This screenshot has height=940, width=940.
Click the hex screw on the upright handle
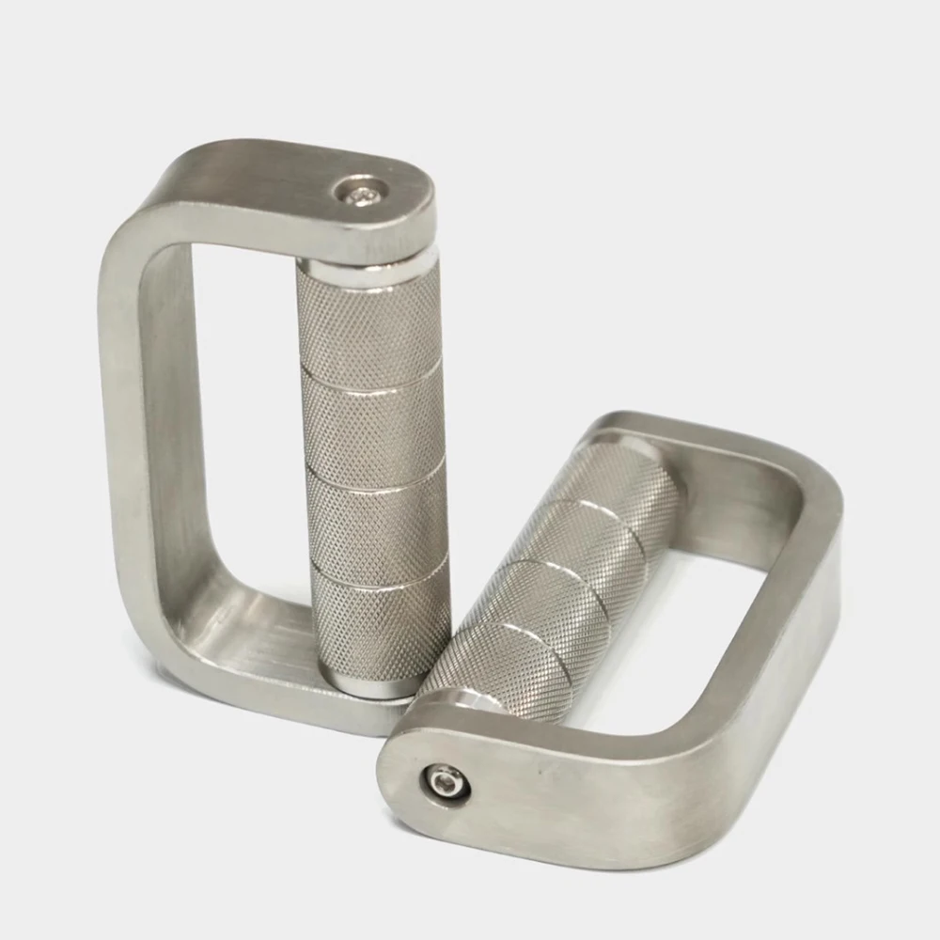coord(362,192)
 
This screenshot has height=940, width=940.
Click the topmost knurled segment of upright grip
coord(368,320)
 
